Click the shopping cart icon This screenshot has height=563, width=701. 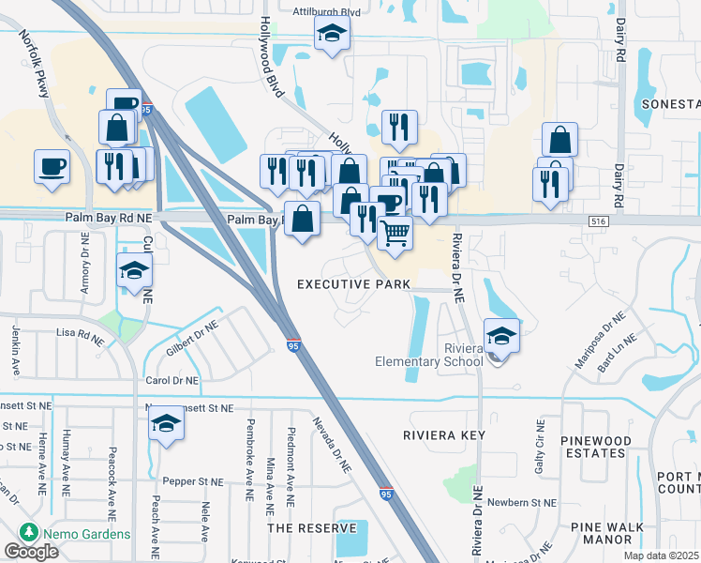pyautogui.click(x=395, y=232)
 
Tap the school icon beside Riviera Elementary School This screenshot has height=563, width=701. pyautogui.click(x=502, y=335)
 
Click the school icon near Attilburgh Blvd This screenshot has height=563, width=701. pyautogui.click(x=332, y=36)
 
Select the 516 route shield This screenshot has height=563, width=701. pyautogui.click(x=599, y=220)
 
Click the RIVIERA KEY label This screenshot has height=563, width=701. pyautogui.click(x=441, y=435)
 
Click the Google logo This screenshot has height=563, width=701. pyautogui.click(x=31, y=552)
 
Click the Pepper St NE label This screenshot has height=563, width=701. pyautogui.click(x=190, y=480)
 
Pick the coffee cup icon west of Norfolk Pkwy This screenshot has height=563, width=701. pyautogui.click(x=52, y=166)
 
